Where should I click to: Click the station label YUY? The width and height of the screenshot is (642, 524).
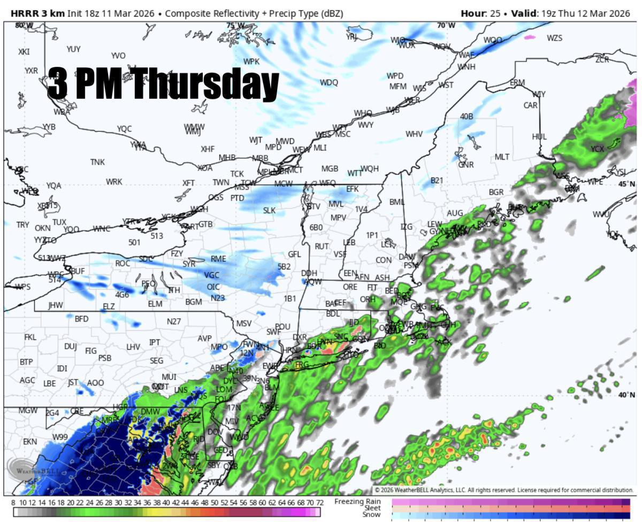pyautogui.click(x=73, y=49)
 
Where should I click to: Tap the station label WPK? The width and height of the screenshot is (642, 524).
pyautogui.click(x=251, y=61)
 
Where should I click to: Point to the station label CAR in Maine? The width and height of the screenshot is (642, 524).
pyautogui.click(x=530, y=105)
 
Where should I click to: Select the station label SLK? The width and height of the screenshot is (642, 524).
pyautogui.click(x=269, y=210)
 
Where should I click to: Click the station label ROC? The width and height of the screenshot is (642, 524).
pyautogui.click(x=123, y=263)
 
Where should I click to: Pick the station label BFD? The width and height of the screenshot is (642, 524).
pyautogui.click(x=81, y=319)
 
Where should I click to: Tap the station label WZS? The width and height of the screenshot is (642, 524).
pyautogui.click(x=555, y=38)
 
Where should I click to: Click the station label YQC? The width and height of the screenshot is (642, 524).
pyautogui.click(x=124, y=129)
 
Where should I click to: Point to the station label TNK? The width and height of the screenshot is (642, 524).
pyautogui.click(x=97, y=162)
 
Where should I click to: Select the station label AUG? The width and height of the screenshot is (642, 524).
pyautogui.click(x=455, y=213)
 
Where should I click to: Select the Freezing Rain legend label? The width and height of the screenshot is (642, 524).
pyautogui.click(x=357, y=501)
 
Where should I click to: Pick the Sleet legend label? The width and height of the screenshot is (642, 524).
pyautogui.click(x=372, y=508)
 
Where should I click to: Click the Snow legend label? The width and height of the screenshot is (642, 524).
pyautogui.click(x=372, y=514)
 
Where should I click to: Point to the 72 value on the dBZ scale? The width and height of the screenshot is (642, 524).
pyautogui.click(x=319, y=503)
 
